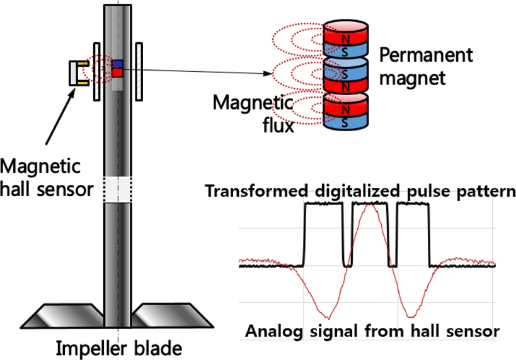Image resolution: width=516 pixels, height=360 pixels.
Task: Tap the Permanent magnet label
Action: (425, 66)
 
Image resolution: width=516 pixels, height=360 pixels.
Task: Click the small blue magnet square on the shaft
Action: (117, 64)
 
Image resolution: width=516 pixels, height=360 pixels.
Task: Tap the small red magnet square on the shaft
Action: (117, 73)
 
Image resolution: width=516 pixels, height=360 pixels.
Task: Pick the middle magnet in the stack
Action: (345, 76)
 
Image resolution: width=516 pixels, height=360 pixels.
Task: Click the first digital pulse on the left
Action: (324, 233)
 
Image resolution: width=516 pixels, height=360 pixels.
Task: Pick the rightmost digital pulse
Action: (413, 233)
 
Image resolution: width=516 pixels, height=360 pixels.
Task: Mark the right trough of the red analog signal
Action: (410, 317)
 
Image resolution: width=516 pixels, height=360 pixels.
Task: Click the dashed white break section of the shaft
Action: (118, 189)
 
